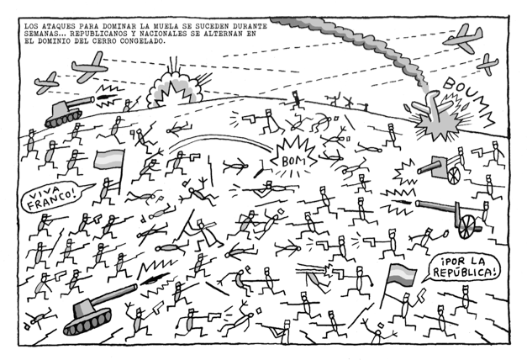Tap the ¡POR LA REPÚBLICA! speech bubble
coord(465,268)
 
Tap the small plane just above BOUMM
coord(487,62)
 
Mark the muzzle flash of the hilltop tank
coord(107,90)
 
